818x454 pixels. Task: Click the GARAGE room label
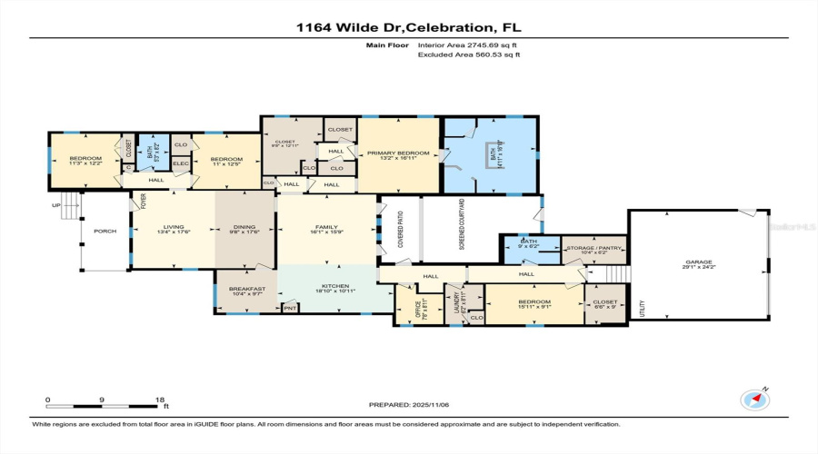(698, 262)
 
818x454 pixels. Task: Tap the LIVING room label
(173, 228)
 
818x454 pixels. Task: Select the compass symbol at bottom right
(754, 399)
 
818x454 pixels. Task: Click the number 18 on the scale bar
(159, 400)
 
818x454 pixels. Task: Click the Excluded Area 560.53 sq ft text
(469, 55)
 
